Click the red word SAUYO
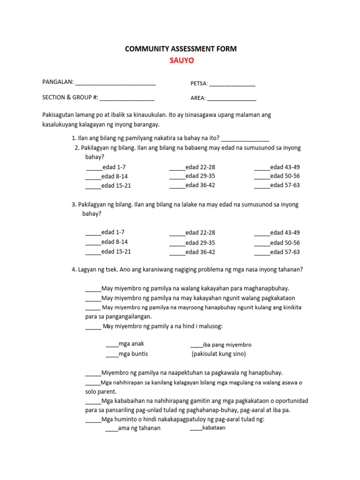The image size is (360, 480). point(181,60)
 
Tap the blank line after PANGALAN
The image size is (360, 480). point(115,82)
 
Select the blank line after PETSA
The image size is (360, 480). point(232,84)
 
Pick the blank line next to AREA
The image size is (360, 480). point(232,99)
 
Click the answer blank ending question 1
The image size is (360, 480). point(245,139)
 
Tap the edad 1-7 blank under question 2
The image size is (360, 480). point(94,168)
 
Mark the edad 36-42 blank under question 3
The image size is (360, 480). point(177,253)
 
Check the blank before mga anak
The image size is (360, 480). point(112,345)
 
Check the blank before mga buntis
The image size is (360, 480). point(112,354)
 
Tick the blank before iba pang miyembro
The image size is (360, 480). point(196,345)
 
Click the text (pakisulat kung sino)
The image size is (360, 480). point(218,354)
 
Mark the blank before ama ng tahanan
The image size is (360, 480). point(112,428)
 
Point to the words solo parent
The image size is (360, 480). point(101,391)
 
